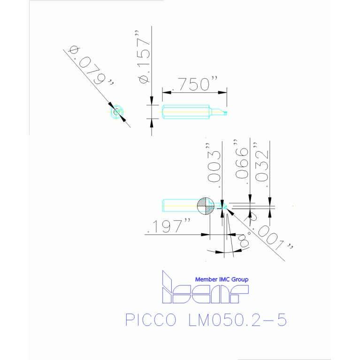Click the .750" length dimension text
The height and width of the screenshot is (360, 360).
195,84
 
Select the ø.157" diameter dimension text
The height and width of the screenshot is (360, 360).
144,56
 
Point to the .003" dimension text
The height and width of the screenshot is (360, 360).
214,165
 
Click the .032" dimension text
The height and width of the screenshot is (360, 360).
261,164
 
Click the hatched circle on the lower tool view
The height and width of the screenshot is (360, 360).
206,206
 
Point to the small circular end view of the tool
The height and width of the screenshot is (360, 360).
117,112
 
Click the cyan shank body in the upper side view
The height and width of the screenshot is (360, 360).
185,112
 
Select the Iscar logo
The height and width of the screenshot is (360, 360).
205,287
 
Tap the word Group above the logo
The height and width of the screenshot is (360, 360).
240,279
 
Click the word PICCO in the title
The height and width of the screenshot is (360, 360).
151,320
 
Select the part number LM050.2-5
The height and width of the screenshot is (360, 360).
237,320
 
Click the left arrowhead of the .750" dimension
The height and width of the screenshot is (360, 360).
167,92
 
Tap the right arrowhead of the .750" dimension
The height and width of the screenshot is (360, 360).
222,92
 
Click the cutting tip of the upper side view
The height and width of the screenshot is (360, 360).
226,113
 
